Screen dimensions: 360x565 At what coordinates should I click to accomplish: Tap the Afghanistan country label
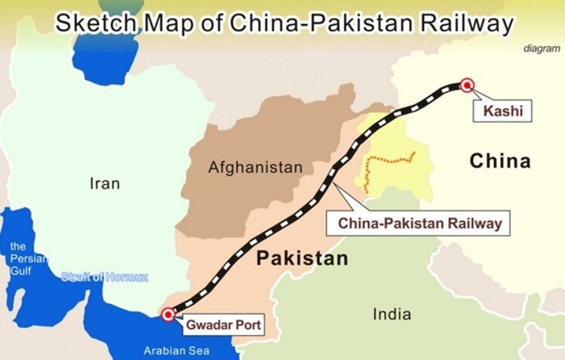coord(255,167)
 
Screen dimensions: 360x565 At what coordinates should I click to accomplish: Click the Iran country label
coord(105,183)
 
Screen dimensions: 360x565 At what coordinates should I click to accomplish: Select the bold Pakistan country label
coord(302,259)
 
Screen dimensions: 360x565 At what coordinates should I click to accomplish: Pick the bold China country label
coord(500,161)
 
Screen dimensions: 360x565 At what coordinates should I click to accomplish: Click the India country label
coord(392,314)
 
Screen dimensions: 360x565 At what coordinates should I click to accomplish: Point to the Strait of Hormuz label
coord(105,277)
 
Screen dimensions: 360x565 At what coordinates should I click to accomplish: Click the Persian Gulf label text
coord(20,259)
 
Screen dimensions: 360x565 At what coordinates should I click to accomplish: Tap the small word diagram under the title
coord(542,48)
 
